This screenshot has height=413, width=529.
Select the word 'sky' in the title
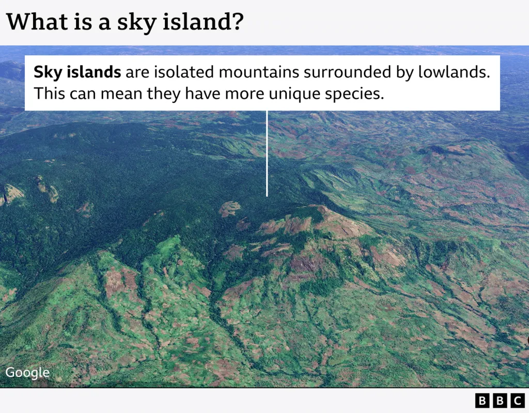pos(136,23)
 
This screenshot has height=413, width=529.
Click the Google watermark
pos(27,373)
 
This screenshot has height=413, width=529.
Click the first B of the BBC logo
pos(482,401)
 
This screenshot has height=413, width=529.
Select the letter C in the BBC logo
pos(517,401)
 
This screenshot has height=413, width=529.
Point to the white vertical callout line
pos(267,153)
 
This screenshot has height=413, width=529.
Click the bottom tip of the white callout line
pos(267,196)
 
